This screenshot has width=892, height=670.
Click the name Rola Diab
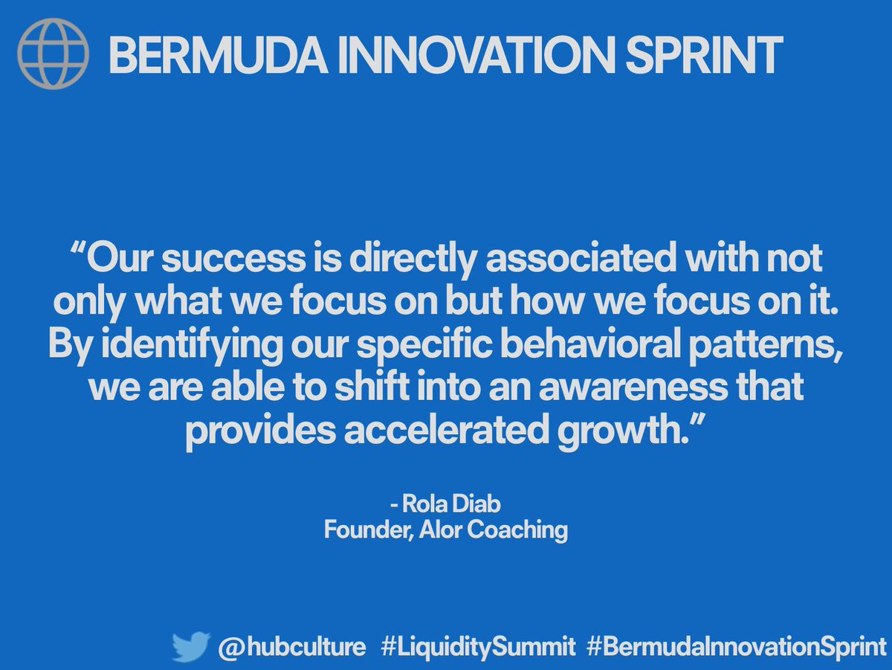[x=451, y=505]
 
